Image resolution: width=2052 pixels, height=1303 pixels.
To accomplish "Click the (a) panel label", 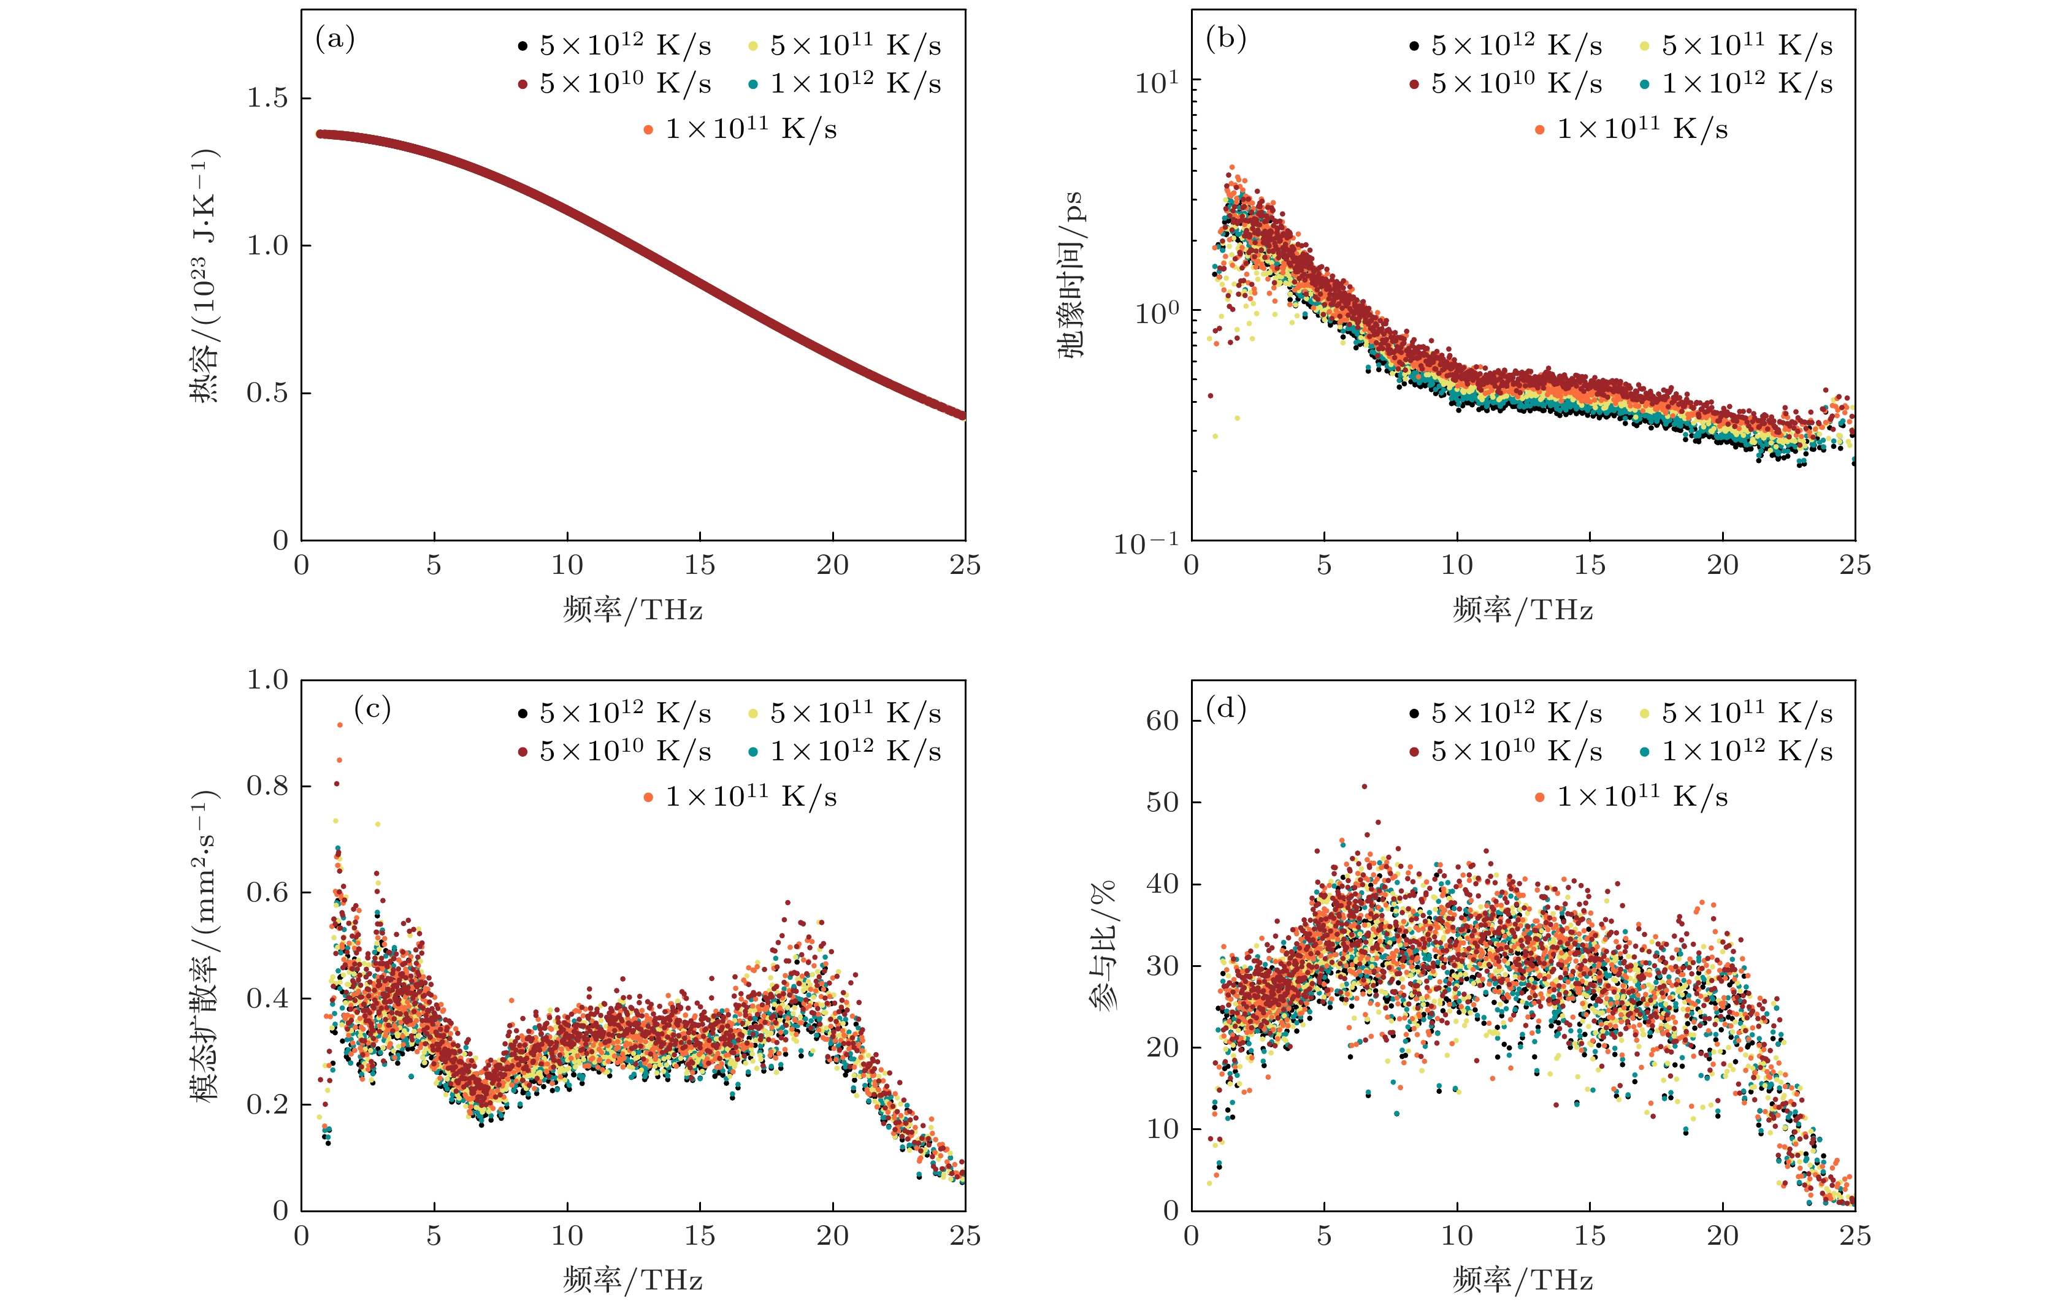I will pyautogui.click(x=335, y=39).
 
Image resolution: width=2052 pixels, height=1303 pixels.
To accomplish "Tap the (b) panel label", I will pyautogui.click(x=1225, y=39).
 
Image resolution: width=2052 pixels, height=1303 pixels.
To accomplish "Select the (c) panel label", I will pyautogui.click(x=372, y=708).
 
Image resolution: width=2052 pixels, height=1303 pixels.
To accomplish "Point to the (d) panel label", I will pyautogui.click(x=1225, y=708).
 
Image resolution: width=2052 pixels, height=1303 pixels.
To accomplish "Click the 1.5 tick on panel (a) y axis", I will pyautogui.click(x=267, y=98).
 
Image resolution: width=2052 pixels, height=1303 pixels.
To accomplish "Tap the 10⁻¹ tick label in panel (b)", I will pyautogui.click(x=1147, y=543).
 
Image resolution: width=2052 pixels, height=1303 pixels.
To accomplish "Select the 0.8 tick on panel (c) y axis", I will pyautogui.click(x=267, y=785).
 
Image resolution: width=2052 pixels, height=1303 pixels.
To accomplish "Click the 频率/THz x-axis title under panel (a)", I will pyautogui.click(x=632, y=610).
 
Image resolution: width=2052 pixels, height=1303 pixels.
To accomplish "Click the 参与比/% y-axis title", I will pyautogui.click(x=1103, y=946).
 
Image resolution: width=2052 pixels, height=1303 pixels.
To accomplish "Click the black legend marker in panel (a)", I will pyautogui.click(x=523, y=46).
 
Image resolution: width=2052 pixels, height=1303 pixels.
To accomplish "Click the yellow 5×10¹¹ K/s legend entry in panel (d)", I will pyautogui.click(x=1747, y=713).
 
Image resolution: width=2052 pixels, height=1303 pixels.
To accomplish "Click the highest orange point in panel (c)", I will pyautogui.click(x=340, y=724).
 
